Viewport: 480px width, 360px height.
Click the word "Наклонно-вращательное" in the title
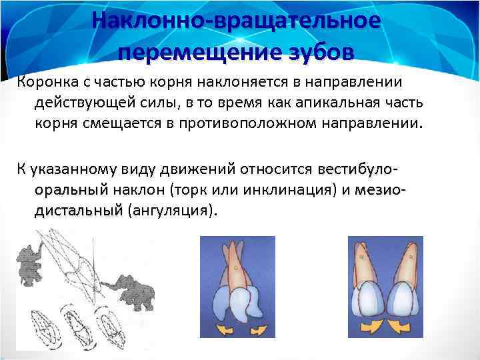pyautogui.click(x=237, y=20)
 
